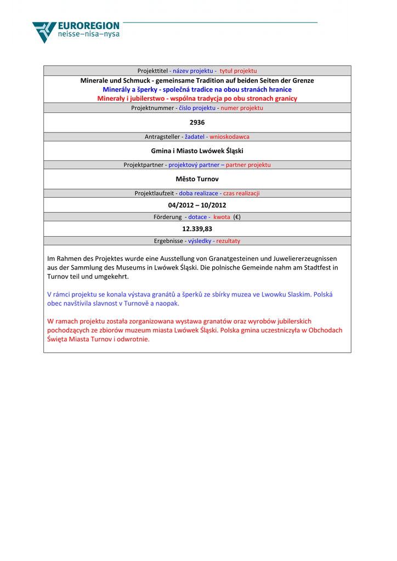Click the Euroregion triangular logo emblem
[x=44, y=31]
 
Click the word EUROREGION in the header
[x=88, y=26]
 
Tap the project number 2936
[x=197, y=122]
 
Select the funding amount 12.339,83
[x=197, y=229]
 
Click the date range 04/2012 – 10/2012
[x=197, y=205]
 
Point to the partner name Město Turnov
[x=197, y=179]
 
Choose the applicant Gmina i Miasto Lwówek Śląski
[x=197, y=150]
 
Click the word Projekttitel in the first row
[x=153, y=71]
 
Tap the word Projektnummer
[x=152, y=108]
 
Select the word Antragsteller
[x=162, y=136]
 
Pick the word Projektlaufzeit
[x=154, y=193]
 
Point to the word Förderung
[x=167, y=217]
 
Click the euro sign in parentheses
[x=237, y=217]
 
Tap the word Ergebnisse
[x=169, y=241]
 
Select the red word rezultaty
[x=228, y=241]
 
